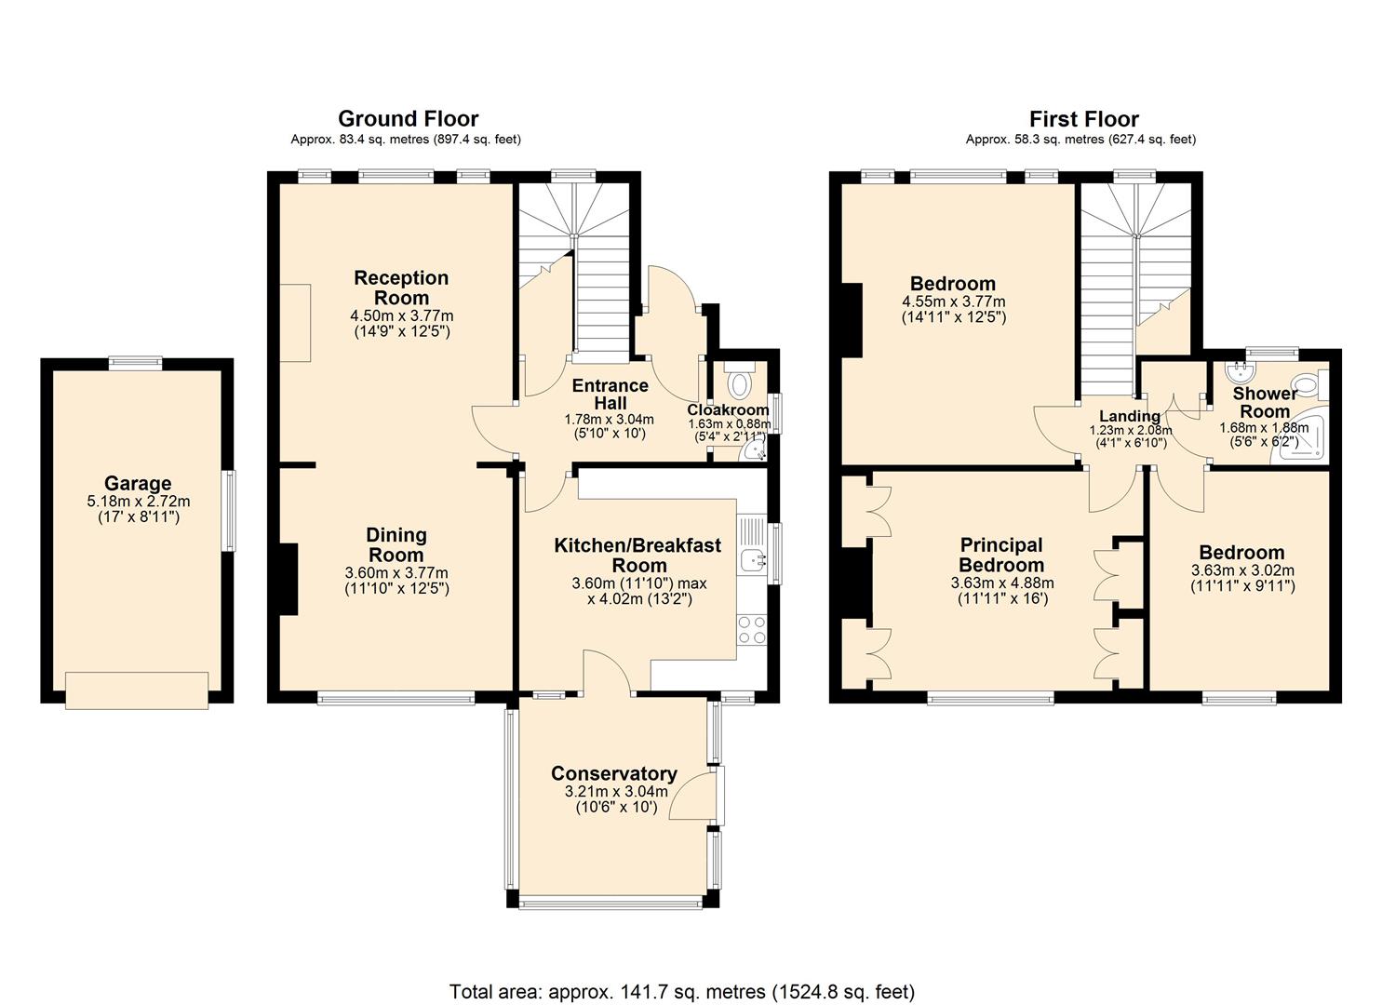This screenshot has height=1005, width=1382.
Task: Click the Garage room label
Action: tap(138, 483)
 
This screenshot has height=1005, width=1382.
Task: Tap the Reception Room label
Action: tap(401, 288)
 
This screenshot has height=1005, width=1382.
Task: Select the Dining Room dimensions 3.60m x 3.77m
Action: tap(396, 572)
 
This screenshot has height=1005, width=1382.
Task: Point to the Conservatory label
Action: tap(613, 773)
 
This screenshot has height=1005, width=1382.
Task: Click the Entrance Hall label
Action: tap(610, 395)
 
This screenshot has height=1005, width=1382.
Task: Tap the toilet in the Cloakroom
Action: tap(741, 383)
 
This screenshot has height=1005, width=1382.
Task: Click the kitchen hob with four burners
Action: tap(750, 630)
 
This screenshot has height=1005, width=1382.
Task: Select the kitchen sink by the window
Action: tap(751, 559)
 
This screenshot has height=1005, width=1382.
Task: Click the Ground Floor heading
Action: tap(408, 118)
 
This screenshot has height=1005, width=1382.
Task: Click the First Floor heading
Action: tap(1083, 119)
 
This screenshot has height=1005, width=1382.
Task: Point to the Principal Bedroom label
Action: tap(1000, 555)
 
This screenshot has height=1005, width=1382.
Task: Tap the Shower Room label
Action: tap(1265, 402)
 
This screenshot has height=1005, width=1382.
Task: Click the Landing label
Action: tap(1130, 416)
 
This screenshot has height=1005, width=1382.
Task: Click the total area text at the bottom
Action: tap(681, 991)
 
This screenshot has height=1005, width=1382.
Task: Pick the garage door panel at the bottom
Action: tap(138, 690)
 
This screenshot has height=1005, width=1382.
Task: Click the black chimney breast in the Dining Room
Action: tap(288, 579)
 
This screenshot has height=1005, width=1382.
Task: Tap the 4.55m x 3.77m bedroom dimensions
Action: tap(953, 301)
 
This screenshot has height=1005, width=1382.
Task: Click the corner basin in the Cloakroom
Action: tap(755, 452)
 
